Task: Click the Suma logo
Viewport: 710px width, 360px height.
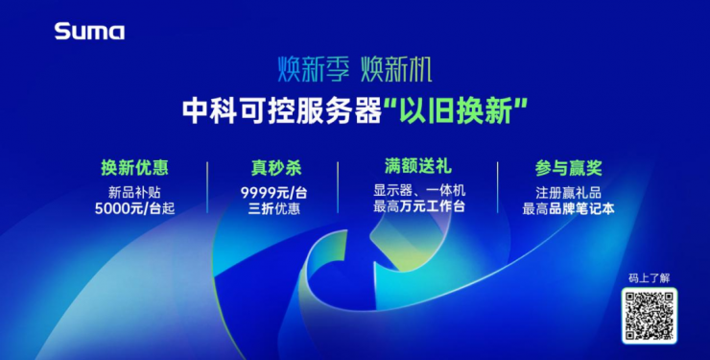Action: pyautogui.click(x=89, y=32)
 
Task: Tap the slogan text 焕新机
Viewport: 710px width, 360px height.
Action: pyautogui.click(x=396, y=70)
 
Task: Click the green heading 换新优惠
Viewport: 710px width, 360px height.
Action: pyautogui.click(x=135, y=168)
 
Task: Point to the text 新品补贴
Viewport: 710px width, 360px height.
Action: pyautogui.click(x=135, y=191)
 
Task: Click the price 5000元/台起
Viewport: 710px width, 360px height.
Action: pyautogui.click(x=135, y=208)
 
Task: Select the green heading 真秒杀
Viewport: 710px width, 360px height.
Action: pyautogui.click(x=272, y=168)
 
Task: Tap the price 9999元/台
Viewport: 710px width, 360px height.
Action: pyautogui.click(x=272, y=191)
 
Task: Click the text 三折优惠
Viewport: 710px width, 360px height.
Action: pyautogui.click(x=272, y=208)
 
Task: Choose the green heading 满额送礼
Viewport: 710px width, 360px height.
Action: pyautogui.click(x=418, y=167)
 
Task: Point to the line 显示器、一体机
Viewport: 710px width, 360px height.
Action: pyautogui.click(x=418, y=190)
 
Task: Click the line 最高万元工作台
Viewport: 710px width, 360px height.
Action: pyautogui.click(x=418, y=207)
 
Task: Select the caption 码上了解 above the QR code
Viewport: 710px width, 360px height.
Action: pyautogui.click(x=650, y=277)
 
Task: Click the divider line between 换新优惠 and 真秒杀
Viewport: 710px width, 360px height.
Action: pyautogui.click(x=208, y=187)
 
